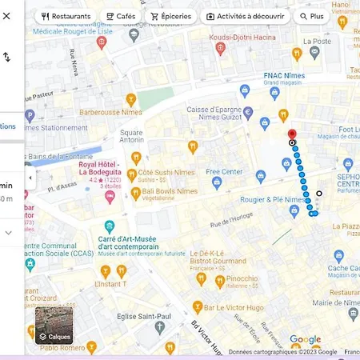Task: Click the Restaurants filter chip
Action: coord(66,16)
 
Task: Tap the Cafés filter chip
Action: coord(120,16)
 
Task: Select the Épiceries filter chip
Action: coord(170,16)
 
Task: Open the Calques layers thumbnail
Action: coord(54,324)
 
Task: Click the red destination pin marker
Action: coord(291,134)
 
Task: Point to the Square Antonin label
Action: coord(131,136)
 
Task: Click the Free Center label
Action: coord(224,172)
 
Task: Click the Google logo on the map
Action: coord(305,340)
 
